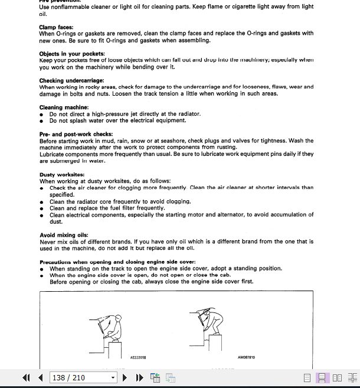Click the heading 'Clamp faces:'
pos(56,27)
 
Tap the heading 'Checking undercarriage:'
pos(71,80)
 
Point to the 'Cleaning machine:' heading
pos(64,107)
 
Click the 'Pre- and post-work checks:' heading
pos(76,134)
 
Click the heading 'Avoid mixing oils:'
pos(64,235)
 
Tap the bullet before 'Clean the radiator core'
pos(42,201)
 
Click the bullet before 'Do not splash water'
pos(42,120)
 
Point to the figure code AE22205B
pos(138,357)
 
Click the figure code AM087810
pos(246,357)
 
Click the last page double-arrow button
pos(139,378)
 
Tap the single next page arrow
pos(125,378)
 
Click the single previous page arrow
pos(40,378)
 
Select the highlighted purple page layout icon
pos(322,378)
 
